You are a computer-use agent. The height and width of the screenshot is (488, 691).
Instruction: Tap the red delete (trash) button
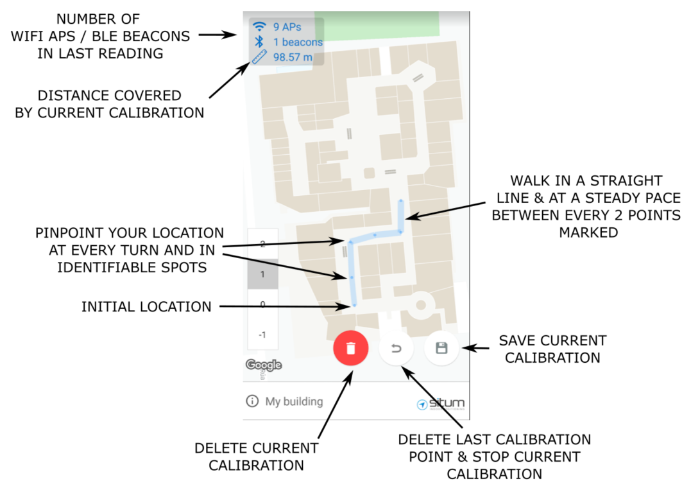pyautogui.click(x=350, y=349)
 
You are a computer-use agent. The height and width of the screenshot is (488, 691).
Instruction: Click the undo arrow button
pyautogui.click(x=396, y=349)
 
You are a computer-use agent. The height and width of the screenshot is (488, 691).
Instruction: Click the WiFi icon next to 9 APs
pyautogui.click(x=259, y=27)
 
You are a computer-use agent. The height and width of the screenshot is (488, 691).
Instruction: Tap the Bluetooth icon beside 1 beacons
pyautogui.click(x=259, y=42)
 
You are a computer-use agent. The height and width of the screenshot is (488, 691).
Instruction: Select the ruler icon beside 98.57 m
pyautogui.click(x=259, y=57)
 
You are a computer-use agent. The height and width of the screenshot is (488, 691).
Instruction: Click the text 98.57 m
pyautogui.click(x=293, y=57)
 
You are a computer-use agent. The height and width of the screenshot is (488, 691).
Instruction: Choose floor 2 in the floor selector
pyautogui.click(x=262, y=244)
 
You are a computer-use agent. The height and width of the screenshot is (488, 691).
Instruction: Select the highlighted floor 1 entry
pyautogui.click(x=262, y=274)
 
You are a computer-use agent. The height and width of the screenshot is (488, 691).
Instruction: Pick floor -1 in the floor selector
pyautogui.click(x=262, y=335)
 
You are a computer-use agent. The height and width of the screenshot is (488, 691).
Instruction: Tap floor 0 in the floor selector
pyautogui.click(x=262, y=304)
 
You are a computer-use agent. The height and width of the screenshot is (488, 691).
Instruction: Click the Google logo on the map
pyautogui.click(x=264, y=365)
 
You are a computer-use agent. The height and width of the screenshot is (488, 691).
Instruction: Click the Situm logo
pyautogui.click(x=441, y=403)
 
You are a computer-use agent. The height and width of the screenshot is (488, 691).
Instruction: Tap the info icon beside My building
pyautogui.click(x=252, y=401)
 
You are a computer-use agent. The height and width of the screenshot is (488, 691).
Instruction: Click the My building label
pyautogui.click(x=294, y=401)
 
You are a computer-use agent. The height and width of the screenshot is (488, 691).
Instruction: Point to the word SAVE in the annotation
pyautogui.click(x=516, y=341)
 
